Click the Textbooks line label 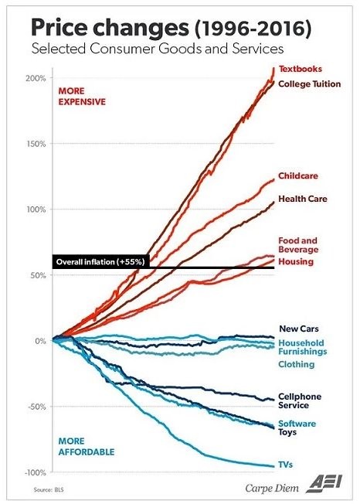click(300, 70)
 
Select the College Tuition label click(309, 83)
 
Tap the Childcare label click(297, 176)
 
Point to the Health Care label click(302, 199)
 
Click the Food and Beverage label click(298, 245)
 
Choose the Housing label click(295, 262)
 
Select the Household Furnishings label click(301, 348)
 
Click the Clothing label click(296, 364)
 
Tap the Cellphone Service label click(299, 400)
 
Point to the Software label click(297, 423)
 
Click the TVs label click(286, 465)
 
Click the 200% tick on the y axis click(34, 78)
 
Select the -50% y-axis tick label click(34, 407)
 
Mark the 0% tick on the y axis click(38, 341)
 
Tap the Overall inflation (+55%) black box click(102, 262)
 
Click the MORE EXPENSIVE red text click(82, 96)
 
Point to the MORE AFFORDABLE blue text click(86, 446)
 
